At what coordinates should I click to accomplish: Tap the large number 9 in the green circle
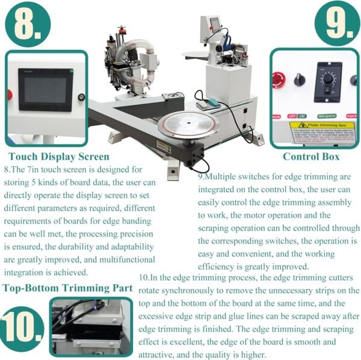click(337, 23)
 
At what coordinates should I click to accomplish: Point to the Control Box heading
click(311, 157)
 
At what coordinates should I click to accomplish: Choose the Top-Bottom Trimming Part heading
click(67, 288)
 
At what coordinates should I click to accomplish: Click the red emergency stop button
click(279, 79)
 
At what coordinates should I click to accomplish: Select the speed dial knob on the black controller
click(328, 79)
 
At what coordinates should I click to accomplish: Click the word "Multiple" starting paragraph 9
click(224, 177)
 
